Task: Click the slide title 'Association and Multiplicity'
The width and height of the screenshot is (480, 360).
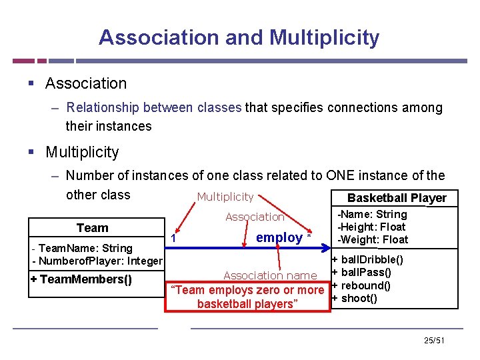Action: pyautogui.click(x=239, y=37)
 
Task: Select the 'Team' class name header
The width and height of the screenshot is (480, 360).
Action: pyautogui.click(x=92, y=228)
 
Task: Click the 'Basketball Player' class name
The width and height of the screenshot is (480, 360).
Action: pyautogui.click(x=397, y=198)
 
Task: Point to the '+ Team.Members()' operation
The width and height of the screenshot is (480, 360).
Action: pyautogui.click(x=81, y=279)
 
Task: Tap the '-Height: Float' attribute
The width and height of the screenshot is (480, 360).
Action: pyautogui.click(x=373, y=227)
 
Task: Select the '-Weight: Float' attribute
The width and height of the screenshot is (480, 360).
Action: pyautogui.click(x=373, y=239)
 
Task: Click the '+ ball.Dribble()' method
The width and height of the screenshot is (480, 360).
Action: pyautogui.click(x=367, y=259)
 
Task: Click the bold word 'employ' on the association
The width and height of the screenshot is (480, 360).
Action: pyautogui.click(x=279, y=237)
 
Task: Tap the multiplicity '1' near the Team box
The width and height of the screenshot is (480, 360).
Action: pyautogui.click(x=173, y=239)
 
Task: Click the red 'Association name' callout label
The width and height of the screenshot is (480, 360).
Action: pyautogui.click(x=270, y=275)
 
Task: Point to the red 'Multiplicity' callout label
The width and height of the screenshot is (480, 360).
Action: pyautogui.click(x=225, y=197)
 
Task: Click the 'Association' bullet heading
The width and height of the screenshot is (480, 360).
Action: pyautogui.click(x=85, y=83)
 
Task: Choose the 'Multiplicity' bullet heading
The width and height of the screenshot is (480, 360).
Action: pyautogui.click(x=82, y=152)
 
